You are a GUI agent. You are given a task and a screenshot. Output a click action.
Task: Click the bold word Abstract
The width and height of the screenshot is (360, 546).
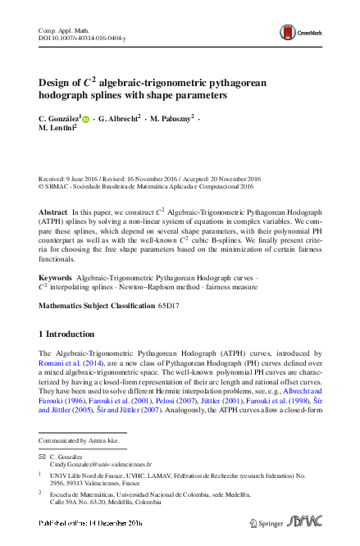point(53,212)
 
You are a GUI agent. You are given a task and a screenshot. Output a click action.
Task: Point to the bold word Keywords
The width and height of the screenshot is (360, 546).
point(56,279)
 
